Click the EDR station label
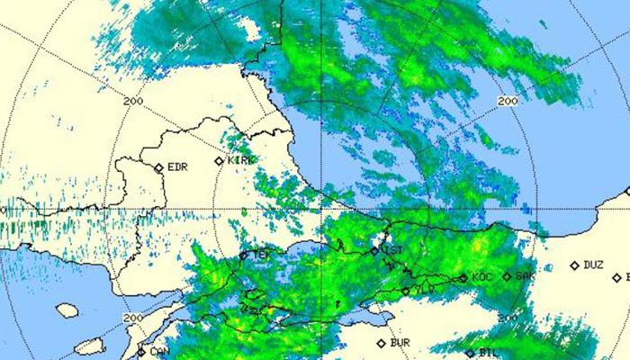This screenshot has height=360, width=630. pyautogui.click(x=177, y=167)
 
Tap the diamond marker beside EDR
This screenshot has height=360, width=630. pyautogui.click(x=159, y=167)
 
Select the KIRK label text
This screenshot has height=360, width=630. pyautogui.click(x=240, y=160)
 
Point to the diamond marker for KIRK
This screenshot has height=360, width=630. pyautogui.click(x=220, y=161)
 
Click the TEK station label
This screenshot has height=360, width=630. pyautogui.click(x=261, y=255)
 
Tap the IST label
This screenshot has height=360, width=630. pyautogui.click(x=393, y=249)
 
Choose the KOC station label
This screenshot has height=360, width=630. pyautogui.click(x=481, y=277)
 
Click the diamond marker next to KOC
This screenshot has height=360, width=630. pyautogui.click(x=463, y=278)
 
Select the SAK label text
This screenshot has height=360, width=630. pyautogui.click(x=525, y=276)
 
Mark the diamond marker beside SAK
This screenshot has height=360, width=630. pyautogui.click(x=507, y=276)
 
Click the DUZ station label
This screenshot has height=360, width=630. pyautogui.click(x=593, y=265)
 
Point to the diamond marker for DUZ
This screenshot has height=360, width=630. pyautogui.click(x=575, y=265)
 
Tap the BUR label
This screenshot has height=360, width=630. pyautogui.click(x=400, y=343)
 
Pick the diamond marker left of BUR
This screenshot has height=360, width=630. pyautogui.click(x=382, y=343)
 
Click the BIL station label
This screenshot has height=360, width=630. pyautogui.click(x=489, y=353)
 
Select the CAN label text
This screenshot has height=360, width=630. pyautogui.click(x=159, y=352)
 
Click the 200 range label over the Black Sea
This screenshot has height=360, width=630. pyautogui.click(x=507, y=102)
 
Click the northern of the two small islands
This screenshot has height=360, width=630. pyautogui.click(x=67, y=310)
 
